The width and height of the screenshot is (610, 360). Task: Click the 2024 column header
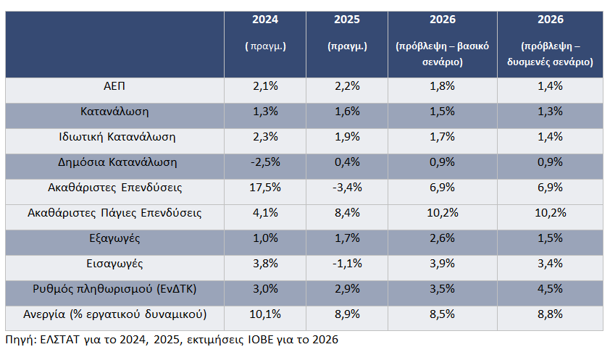click(265, 20)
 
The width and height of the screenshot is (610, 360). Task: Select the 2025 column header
click(347, 20)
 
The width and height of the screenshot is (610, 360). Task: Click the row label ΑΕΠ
click(114, 86)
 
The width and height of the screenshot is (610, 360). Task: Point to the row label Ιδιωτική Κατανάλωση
click(114, 136)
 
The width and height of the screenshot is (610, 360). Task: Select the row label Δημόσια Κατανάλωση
click(114, 162)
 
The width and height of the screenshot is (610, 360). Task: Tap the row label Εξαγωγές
click(114, 238)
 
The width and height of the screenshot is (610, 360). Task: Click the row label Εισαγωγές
click(114, 264)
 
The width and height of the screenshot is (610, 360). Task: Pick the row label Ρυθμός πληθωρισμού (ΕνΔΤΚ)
click(114, 289)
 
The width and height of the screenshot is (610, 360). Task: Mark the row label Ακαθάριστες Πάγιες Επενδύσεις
click(114, 213)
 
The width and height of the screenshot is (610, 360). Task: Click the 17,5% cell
click(265, 188)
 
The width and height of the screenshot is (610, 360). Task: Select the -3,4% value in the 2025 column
click(347, 188)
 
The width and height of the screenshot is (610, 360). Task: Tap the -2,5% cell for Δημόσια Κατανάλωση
click(265, 162)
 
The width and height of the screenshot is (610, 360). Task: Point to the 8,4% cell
click(347, 213)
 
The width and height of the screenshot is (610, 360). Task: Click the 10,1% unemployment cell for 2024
click(265, 314)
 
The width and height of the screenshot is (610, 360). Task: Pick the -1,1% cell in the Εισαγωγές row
click(347, 264)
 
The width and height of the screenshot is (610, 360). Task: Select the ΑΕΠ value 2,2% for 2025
click(347, 86)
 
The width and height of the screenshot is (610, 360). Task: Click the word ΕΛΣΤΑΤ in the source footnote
click(61, 339)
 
